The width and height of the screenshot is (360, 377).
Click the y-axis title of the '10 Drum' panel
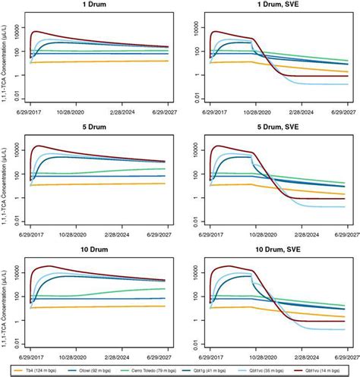(6, 303)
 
